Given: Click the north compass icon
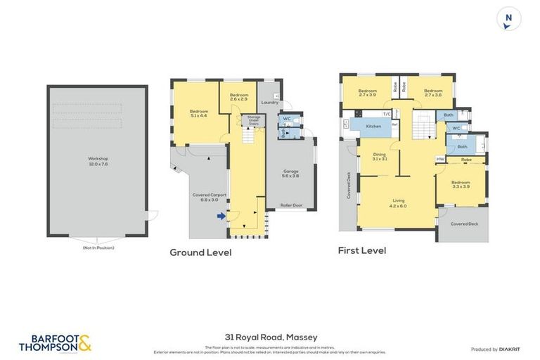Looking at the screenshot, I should (x=509, y=19).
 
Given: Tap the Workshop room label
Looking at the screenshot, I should (x=98, y=161).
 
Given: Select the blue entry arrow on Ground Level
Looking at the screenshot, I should (x=221, y=217).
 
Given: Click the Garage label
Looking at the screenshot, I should (x=290, y=173).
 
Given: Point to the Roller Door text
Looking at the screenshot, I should (x=290, y=205).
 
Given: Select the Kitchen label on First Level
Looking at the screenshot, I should (x=373, y=127).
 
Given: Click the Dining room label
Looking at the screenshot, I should (x=380, y=156).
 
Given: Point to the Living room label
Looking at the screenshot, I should (x=399, y=202).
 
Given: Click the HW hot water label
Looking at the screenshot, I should (x=440, y=159).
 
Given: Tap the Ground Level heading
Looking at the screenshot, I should (x=200, y=252).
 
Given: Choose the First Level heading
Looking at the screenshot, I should (x=362, y=250).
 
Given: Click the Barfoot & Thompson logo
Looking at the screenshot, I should (x=56, y=343).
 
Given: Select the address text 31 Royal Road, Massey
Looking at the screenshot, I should (x=270, y=338).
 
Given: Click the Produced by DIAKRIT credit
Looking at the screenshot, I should (x=494, y=349).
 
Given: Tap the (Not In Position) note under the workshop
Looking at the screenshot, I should (x=98, y=247).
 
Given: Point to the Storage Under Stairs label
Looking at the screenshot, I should (x=253, y=121).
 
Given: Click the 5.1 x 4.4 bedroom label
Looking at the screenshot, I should (x=198, y=112).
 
